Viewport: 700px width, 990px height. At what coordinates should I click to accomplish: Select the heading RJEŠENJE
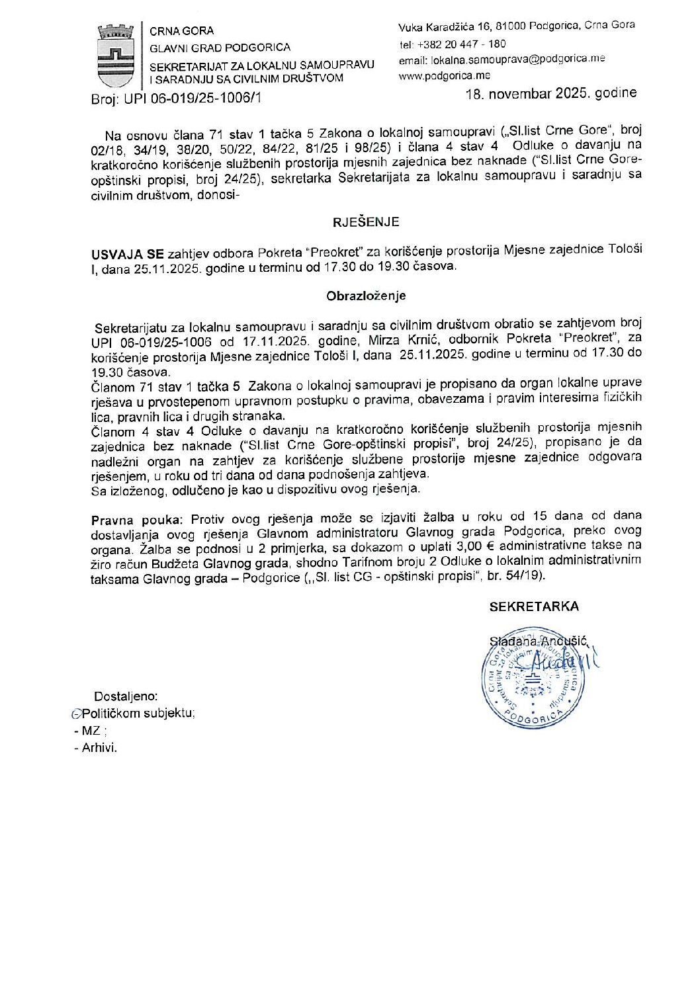click(x=365, y=222)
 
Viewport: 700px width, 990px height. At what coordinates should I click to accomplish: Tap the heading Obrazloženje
click(x=365, y=296)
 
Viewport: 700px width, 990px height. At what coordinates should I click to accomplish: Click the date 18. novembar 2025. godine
click(x=551, y=93)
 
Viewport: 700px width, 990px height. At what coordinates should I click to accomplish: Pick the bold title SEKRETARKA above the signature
click(x=533, y=606)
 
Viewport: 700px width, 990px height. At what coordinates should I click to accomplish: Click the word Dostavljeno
click(x=126, y=696)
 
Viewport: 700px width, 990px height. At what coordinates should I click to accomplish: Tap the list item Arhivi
click(x=99, y=748)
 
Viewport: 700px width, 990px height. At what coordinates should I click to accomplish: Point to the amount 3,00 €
click(x=470, y=546)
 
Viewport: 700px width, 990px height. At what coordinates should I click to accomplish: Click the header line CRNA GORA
click(x=181, y=31)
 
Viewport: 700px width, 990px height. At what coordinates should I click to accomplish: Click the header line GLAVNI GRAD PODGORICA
click(x=220, y=48)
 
